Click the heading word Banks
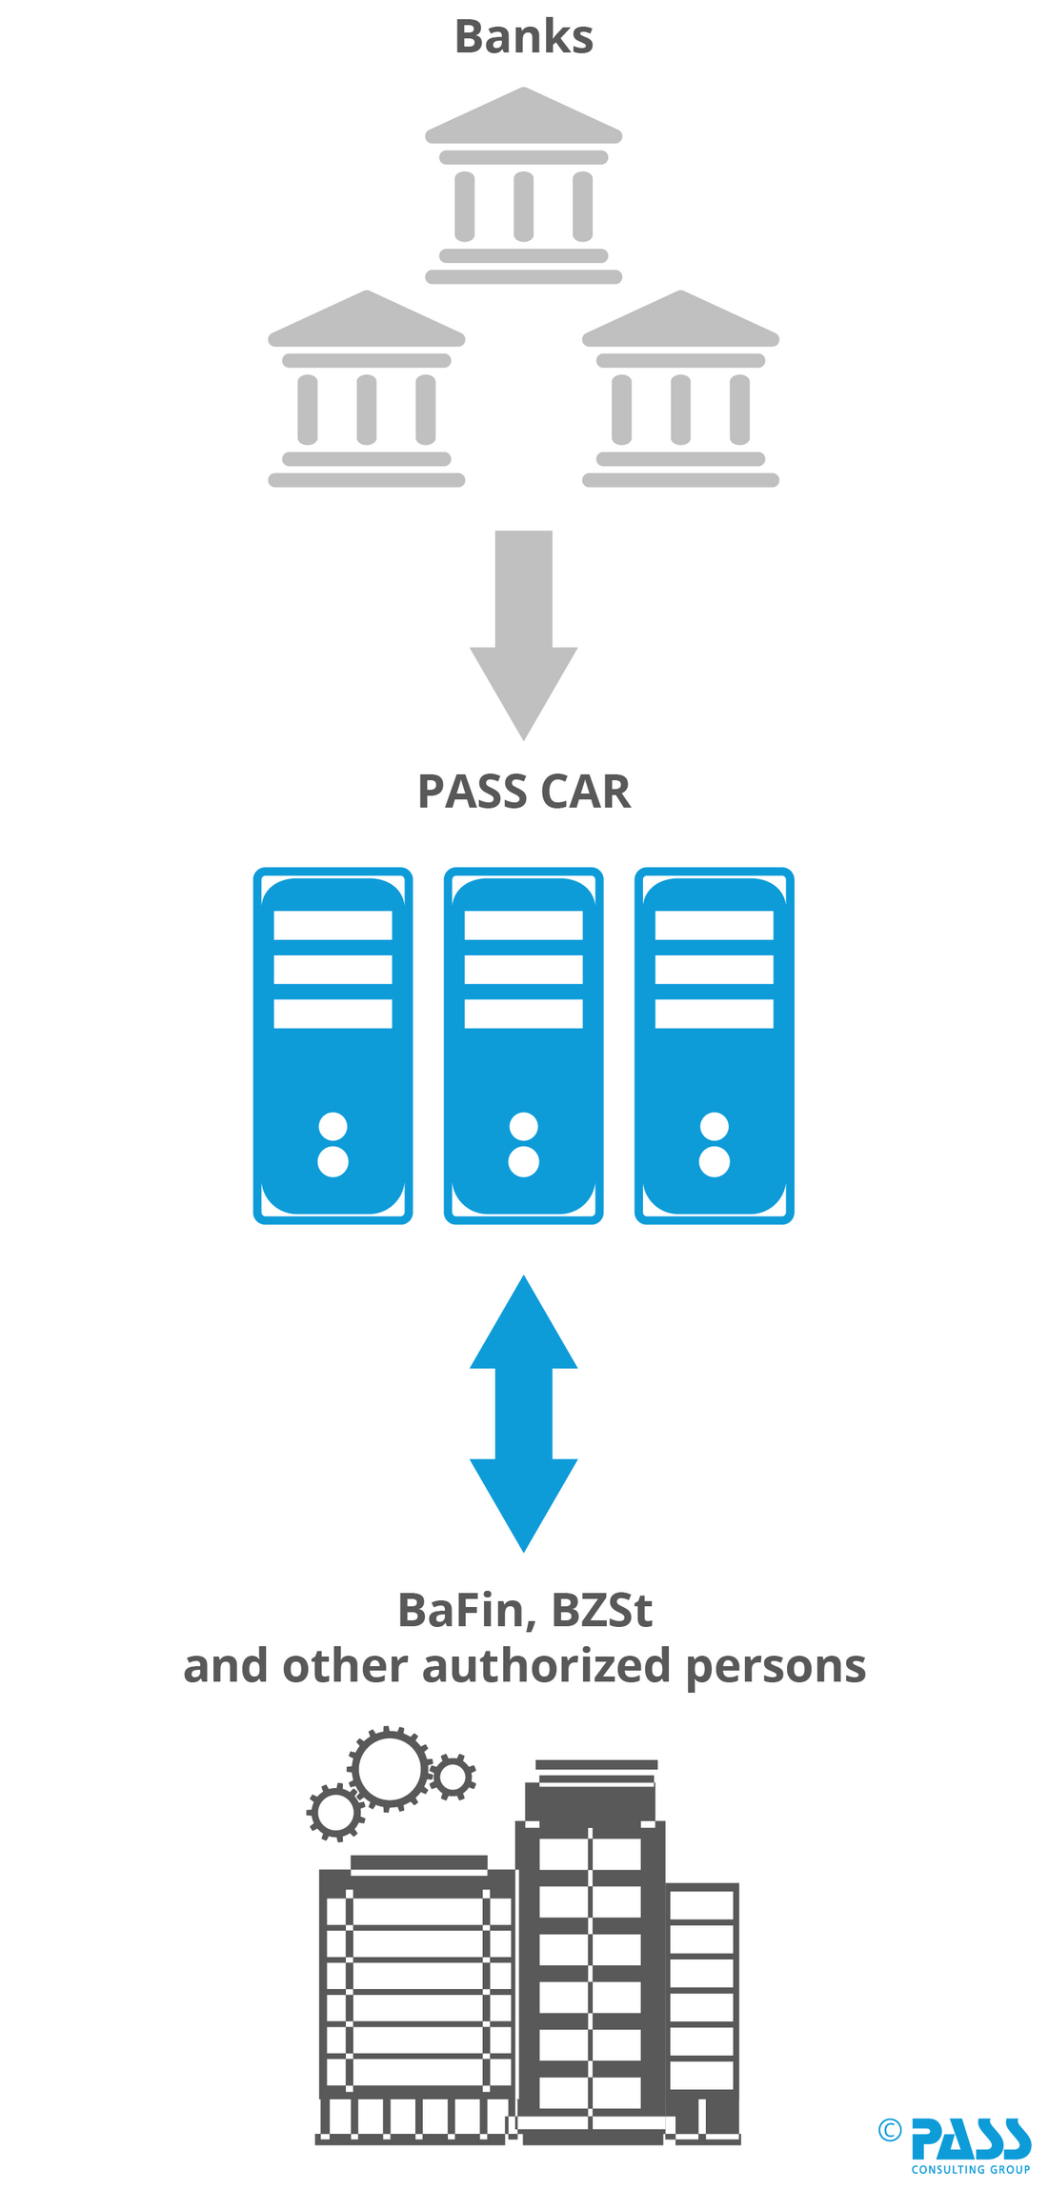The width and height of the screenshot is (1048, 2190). click(x=523, y=38)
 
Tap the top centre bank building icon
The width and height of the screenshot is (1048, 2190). click(x=523, y=187)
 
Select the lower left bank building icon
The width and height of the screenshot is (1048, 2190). click(x=366, y=390)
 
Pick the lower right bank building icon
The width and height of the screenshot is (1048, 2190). click(x=680, y=390)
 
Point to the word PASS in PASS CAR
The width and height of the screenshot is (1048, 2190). click(x=471, y=792)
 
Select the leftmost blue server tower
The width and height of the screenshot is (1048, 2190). click(x=333, y=1045)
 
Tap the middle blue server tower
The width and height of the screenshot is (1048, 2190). click(x=523, y=1045)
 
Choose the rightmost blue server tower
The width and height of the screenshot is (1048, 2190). click(x=714, y=1045)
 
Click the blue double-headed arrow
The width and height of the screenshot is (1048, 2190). click(x=523, y=1414)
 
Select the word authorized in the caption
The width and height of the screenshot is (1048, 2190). click(x=546, y=1665)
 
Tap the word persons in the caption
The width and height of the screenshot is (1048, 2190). click(x=776, y=1667)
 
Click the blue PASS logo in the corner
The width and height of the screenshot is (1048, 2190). click(x=970, y=2138)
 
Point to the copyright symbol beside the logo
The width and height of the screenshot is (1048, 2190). click(x=889, y=2130)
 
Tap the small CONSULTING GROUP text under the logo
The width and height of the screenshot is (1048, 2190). click(x=970, y=2169)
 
